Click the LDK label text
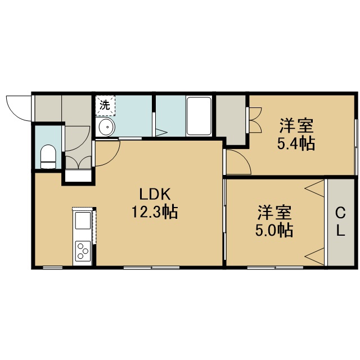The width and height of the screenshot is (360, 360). tap(155, 194)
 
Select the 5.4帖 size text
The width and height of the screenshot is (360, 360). tap(296, 144)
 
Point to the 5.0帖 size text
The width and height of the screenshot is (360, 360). tap(274, 230)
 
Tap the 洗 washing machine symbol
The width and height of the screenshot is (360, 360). tap(105, 105)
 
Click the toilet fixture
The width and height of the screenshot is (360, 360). tap(48, 157)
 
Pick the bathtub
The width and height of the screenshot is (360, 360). tap(199, 116)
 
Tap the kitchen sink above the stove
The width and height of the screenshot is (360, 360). tap(83, 220)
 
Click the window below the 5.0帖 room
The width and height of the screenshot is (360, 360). tap(275, 268)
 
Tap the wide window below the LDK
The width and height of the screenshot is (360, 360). tap(151, 268)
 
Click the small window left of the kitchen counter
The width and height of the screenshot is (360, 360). tap(52, 268)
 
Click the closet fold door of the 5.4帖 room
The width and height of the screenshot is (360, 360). tap(255, 120)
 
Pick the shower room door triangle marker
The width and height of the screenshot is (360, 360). tap(161, 133)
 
